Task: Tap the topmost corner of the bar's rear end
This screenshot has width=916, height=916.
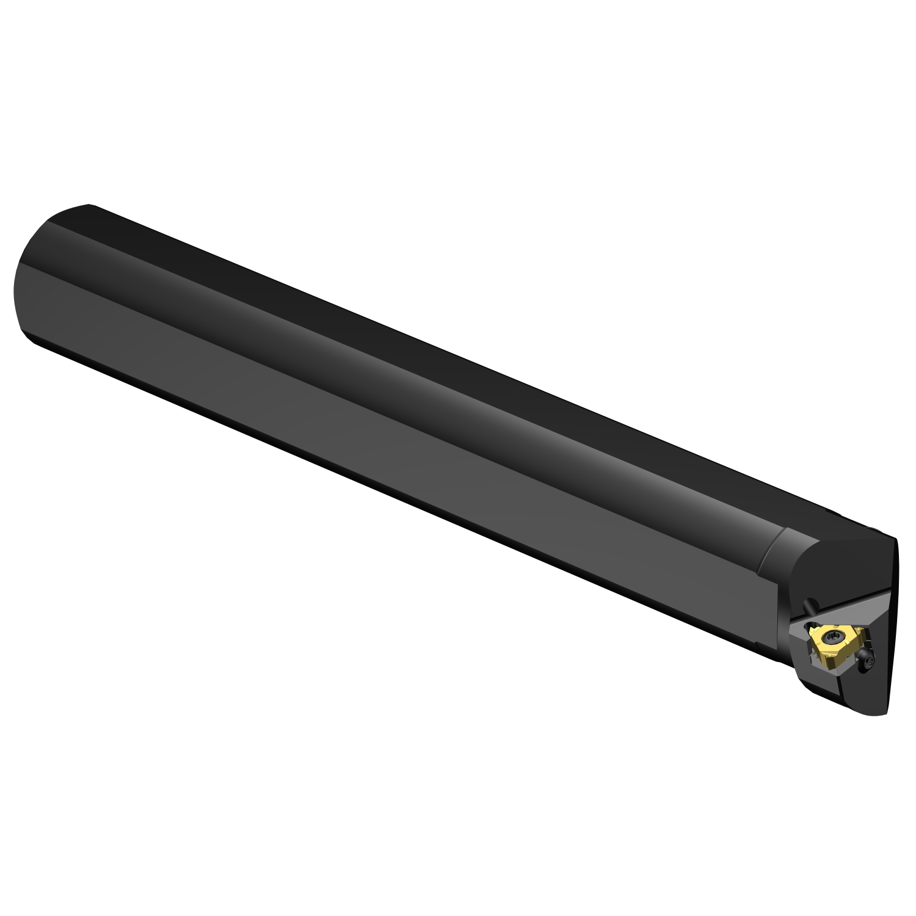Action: [89, 205]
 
